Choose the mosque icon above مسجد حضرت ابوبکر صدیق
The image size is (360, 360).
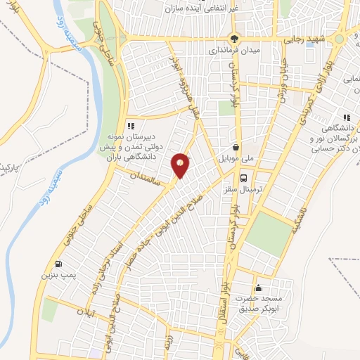click(x=259, y=288)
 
